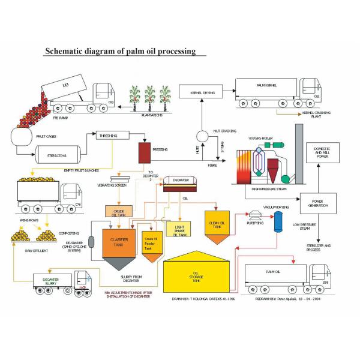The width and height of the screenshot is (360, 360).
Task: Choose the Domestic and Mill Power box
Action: tap(322, 152)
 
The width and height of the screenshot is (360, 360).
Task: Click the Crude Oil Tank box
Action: tap(118, 212)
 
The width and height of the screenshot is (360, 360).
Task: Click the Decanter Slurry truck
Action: tap(60, 282)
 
